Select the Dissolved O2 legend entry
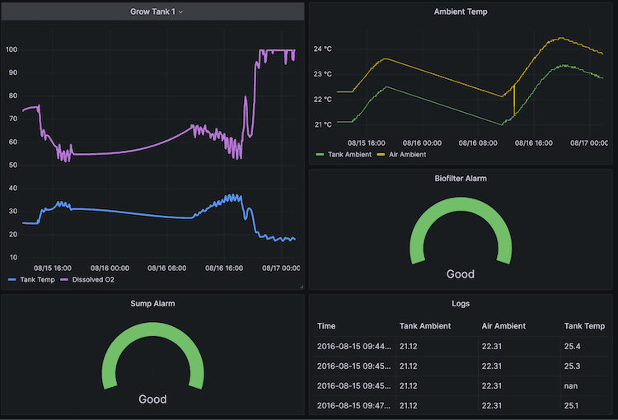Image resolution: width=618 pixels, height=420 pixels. tap(98, 280)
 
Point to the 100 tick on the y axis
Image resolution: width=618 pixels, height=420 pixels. tap(12, 50)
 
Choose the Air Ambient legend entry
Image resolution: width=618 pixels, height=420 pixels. tap(406, 154)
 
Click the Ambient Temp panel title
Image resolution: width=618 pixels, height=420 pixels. tap(461, 12)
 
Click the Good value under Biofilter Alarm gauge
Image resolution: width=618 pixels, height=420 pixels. tap(461, 274)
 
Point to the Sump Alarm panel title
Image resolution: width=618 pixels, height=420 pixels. tap(152, 303)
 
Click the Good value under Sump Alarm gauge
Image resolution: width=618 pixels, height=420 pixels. tap(152, 399)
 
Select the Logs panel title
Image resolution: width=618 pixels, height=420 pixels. tap(461, 303)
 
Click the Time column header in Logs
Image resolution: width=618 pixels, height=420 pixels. tap(326, 326)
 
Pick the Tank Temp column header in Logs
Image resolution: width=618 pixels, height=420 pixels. tap(583, 326)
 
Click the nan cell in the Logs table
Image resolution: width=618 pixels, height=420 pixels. tap(571, 385)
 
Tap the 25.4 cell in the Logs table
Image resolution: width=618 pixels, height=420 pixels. tap(573, 346)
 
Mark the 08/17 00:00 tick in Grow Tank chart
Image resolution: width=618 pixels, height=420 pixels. tap(281, 268)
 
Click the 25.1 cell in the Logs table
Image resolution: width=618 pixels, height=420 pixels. tap(573, 405)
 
